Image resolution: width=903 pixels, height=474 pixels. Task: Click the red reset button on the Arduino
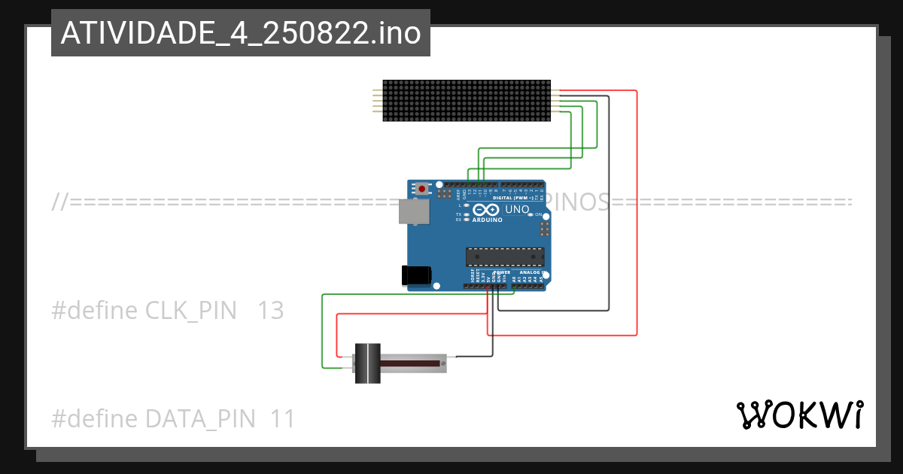(x=422, y=188)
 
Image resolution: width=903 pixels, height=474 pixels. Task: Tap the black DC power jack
(x=417, y=275)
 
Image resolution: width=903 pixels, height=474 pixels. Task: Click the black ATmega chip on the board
(x=504, y=257)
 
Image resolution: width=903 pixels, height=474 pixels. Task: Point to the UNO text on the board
(x=516, y=209)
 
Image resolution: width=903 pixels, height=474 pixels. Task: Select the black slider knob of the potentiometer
(x=367, y=363)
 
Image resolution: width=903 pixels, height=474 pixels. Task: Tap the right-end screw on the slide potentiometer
(x=443, y=363)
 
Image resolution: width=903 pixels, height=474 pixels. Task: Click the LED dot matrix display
(x=467, y=101)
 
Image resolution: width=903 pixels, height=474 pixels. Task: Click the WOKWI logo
(x=799, y=415)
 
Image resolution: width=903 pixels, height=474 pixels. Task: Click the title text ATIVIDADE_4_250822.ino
(x=240, y=33)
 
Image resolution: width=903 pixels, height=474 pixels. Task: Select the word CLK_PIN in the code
(x=190, y=310)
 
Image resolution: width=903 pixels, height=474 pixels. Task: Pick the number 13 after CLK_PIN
(x=271, y=310)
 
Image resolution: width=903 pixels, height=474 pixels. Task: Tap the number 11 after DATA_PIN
(x=283, y=418)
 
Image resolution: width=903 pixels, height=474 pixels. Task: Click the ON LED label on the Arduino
(x=539, y=214)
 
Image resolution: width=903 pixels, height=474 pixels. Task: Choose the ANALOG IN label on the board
(x=530, y=272)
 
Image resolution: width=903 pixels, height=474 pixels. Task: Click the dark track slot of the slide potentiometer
(x=410, y=363)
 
